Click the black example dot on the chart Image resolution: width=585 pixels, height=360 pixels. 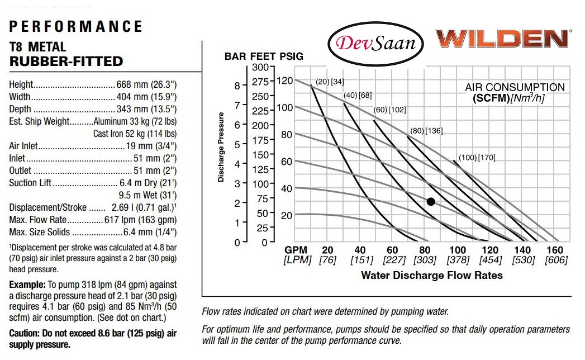tap(431, 202)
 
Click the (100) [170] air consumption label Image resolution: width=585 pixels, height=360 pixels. tap(477, 158)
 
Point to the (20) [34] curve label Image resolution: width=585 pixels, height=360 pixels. tap(329, 82)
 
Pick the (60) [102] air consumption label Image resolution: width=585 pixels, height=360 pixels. tap(389, 110)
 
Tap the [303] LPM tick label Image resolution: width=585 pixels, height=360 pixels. tap(425, 260)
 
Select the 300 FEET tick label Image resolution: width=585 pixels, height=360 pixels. tap(261, 68)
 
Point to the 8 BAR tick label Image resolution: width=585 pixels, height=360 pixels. tap(236, 86)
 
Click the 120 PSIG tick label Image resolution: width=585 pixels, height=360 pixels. tap(284, 80)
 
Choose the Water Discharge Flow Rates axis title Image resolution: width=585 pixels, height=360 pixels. tap(431, 275)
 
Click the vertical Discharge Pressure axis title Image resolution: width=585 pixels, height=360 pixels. tap(221, 148)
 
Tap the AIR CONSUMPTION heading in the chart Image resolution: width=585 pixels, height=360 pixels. tap(515, 88)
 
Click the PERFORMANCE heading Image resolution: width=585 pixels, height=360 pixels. tap(76, 26)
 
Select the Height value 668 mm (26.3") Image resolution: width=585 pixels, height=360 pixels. tap(146, 85)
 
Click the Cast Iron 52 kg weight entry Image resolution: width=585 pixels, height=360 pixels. tap(135, 134)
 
